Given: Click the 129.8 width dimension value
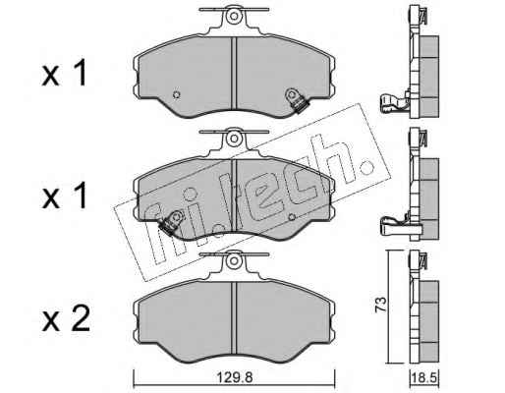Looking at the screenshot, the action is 235,378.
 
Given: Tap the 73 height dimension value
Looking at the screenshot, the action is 381,305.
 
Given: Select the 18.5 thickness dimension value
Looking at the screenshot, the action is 424,378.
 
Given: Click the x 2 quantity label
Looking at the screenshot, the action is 66,317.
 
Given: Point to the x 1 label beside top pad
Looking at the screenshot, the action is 65,73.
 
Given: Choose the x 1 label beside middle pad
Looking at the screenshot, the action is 65,196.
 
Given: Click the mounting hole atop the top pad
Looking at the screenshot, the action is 233,16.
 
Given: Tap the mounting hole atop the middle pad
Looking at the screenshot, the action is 234,138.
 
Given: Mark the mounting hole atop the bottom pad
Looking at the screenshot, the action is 234,260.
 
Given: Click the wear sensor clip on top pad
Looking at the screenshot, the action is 297,100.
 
